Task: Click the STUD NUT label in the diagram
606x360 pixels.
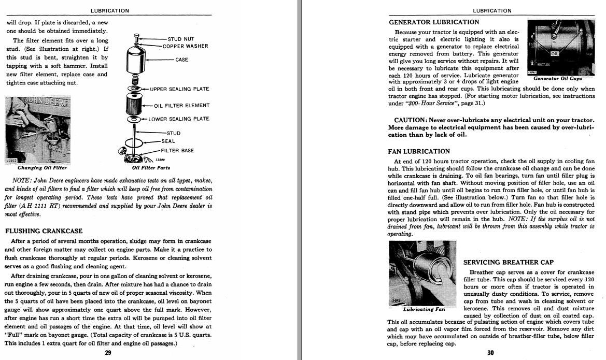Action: click(x=180, y=39)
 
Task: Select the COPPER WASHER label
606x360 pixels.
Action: click(x=185, y=46)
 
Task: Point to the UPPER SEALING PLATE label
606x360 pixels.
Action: click(x=179, y=89)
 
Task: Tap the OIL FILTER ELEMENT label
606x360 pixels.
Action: click(x=182, y=106)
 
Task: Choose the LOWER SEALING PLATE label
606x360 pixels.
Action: click(x=179, y=119)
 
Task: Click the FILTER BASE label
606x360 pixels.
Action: click(x=177, y=151)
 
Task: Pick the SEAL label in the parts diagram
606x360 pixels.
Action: click(x=168, y=141)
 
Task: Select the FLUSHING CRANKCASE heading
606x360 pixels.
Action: click(x=44, y=231)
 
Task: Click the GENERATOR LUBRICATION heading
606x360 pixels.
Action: click(x=434, y=22)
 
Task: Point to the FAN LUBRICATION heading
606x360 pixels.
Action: click(x=419, y=152)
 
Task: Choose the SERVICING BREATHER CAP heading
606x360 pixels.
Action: click(x=509, y=263)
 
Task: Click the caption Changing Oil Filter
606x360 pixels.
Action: click(x=42, y=168)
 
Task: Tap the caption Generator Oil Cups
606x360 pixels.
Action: click(x=558, y=79)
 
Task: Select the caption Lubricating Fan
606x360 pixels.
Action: click(x=424, y=309)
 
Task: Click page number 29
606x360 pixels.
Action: click(x=108, y=353)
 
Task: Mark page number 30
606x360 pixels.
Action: click(x=491, y=353)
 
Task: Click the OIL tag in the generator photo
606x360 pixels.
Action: click(x=555, y=53)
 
